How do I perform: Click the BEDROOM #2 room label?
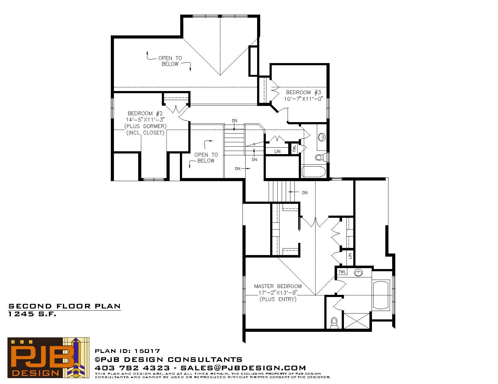pyautogui.click(x=145, y=113)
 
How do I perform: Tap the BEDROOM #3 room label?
pyautogui.click(x=303, y=92)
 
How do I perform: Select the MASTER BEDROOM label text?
pyautogui.click(x=278, y=286)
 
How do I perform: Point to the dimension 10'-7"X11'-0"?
pyautogui.click(x=303, y=99)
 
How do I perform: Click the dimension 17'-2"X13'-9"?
pyautogui.click(x=278, y=293)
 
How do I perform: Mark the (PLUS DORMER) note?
pyautogui.click(x=145, y=126)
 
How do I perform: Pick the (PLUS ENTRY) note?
pyautogui.click(x=278, y=299)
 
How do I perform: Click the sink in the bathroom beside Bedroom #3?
pyautogui.click(x=322, y=137)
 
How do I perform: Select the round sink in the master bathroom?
pyautogui.click(x=358, y=272)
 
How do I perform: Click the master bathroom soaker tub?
pyautogui.click(x=381, y=295)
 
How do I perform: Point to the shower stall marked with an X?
pyautogui.click(x=357, y=321)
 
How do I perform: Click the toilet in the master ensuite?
pyautogui.click(x=334, y=323)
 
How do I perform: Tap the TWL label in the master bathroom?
pyautogui.click(x=342, y=272)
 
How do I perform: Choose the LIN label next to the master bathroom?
pyautogui.click(x=350, y=256)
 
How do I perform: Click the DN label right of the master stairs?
pyautogui.click(x=305, y=193)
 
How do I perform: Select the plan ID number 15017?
pyautogui.click(x=147, y=351)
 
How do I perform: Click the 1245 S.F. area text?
pyautogui.click(x=32, y=314)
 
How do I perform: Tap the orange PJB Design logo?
pyautogui.click(x=48, y=358)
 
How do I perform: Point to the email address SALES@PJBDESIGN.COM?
pyautogui.click(x=243, y=368)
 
